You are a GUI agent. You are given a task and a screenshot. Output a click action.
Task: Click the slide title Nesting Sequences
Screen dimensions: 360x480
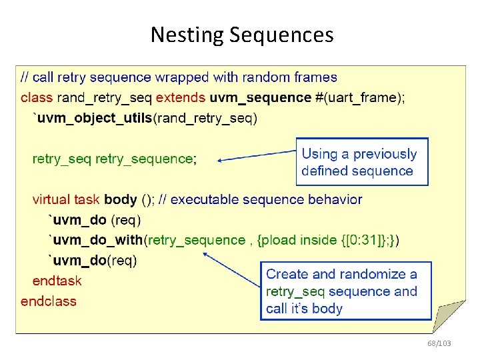coord(241,34)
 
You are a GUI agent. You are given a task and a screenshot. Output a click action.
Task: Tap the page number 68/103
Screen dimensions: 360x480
coord(439,343)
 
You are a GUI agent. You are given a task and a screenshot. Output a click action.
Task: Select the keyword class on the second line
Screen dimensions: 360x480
coord(36,97)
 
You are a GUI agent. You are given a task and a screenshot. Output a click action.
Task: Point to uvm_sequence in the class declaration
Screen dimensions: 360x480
coord(260,97)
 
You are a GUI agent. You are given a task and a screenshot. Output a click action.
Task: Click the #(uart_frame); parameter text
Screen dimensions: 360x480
coord(359,97)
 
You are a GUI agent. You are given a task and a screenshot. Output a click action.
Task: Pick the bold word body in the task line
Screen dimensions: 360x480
coord(121,199)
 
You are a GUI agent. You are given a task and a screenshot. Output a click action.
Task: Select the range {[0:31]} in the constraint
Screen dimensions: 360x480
coord(366,239)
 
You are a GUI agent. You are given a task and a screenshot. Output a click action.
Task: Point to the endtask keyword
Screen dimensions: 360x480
coord(57,280)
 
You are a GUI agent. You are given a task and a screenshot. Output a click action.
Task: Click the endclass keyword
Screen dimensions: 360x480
coord(48,301)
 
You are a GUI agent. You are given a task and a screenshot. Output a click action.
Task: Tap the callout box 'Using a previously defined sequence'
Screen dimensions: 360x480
coord(361,162)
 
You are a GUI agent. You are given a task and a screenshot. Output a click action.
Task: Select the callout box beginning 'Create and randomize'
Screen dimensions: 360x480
coord(345,291)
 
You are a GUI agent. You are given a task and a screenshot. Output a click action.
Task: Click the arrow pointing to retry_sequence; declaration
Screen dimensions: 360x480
coord(257,155)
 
